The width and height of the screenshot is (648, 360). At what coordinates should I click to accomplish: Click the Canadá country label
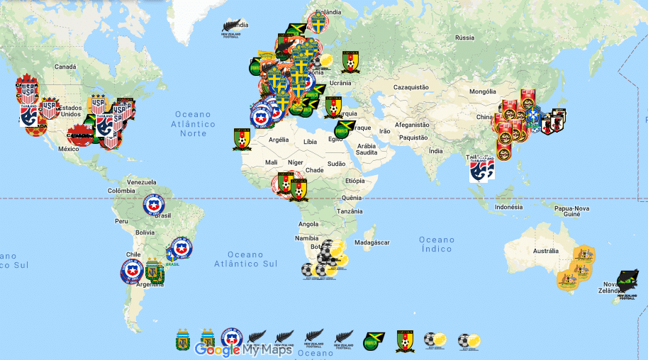pyautogui.click(x=65, y=67)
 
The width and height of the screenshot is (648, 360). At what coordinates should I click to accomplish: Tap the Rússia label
pyautogui.click(x=464, y=38)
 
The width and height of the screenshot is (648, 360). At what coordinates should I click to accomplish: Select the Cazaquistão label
pyautogui.click(x=410, y=87)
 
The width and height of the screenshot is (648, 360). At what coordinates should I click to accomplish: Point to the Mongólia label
pyautogui.click(x=483, y=91)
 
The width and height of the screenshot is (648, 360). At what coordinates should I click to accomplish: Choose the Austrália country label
pyautogui.click(x=546, y=251)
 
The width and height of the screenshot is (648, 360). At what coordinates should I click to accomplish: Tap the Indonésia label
pyautogui.click(x=508, y=207)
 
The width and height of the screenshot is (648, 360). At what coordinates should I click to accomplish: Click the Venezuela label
pyautogui.click(x=141, y=181)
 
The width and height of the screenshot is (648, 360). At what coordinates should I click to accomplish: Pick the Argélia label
pyautogui.click(x=276, y=140)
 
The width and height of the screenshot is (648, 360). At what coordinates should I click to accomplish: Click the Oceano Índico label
pyautogui.click(x=437, y=244)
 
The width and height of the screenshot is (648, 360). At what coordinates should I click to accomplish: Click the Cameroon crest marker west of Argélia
pyautogui.click(x=242, y=138)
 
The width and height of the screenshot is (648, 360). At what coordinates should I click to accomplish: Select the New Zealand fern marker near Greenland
pyautogui.click(x=234, y=27)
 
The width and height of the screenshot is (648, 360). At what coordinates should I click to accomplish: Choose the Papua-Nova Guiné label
pyautogui.click(x=572, y=213)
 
